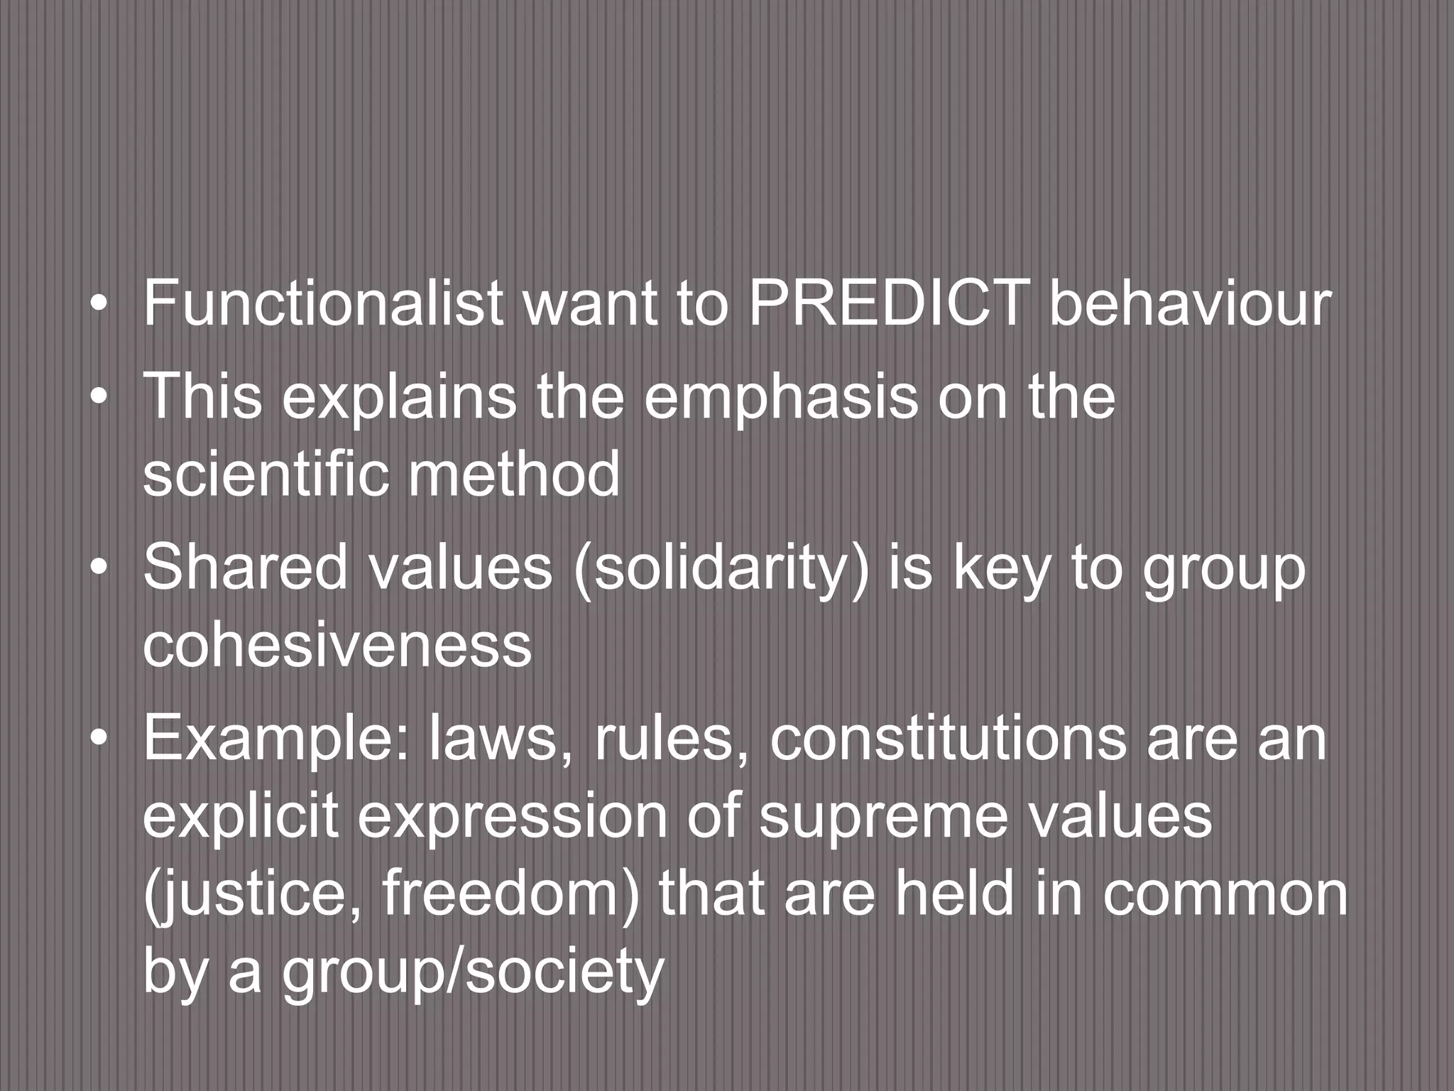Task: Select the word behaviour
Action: click(x=1189, y=303)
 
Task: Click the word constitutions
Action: click(x=948, y=739)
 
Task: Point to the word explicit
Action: click(x=241, y=817)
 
